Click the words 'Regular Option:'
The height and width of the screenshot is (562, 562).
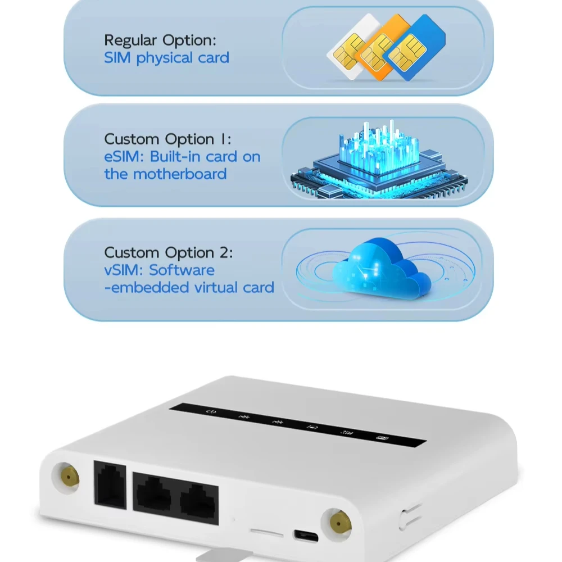click(160, 40)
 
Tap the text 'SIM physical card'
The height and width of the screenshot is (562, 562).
click(166, 57)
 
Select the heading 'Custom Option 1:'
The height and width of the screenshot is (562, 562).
click(167, 139)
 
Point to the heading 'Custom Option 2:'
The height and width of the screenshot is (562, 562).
click(168, 252)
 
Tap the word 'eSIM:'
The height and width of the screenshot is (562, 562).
click(124, 156)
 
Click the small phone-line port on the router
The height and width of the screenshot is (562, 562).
click(110, 485)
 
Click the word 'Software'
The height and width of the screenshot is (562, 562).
click(182, 270)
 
